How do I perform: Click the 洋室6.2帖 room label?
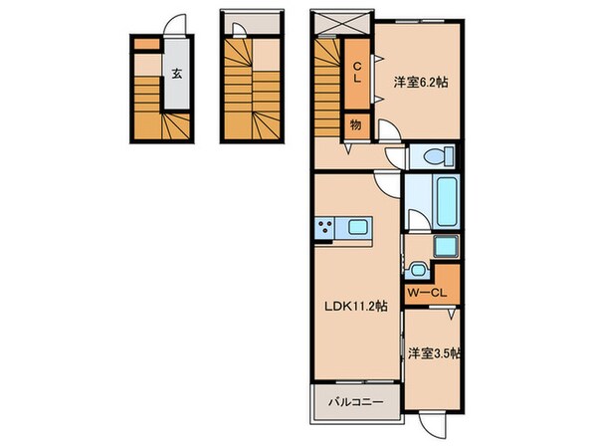[x=420, y=83]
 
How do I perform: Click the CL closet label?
[x=355, y=72]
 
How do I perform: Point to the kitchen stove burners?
[x=325, y=229]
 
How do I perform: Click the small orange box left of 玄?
[x=145, y=45]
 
